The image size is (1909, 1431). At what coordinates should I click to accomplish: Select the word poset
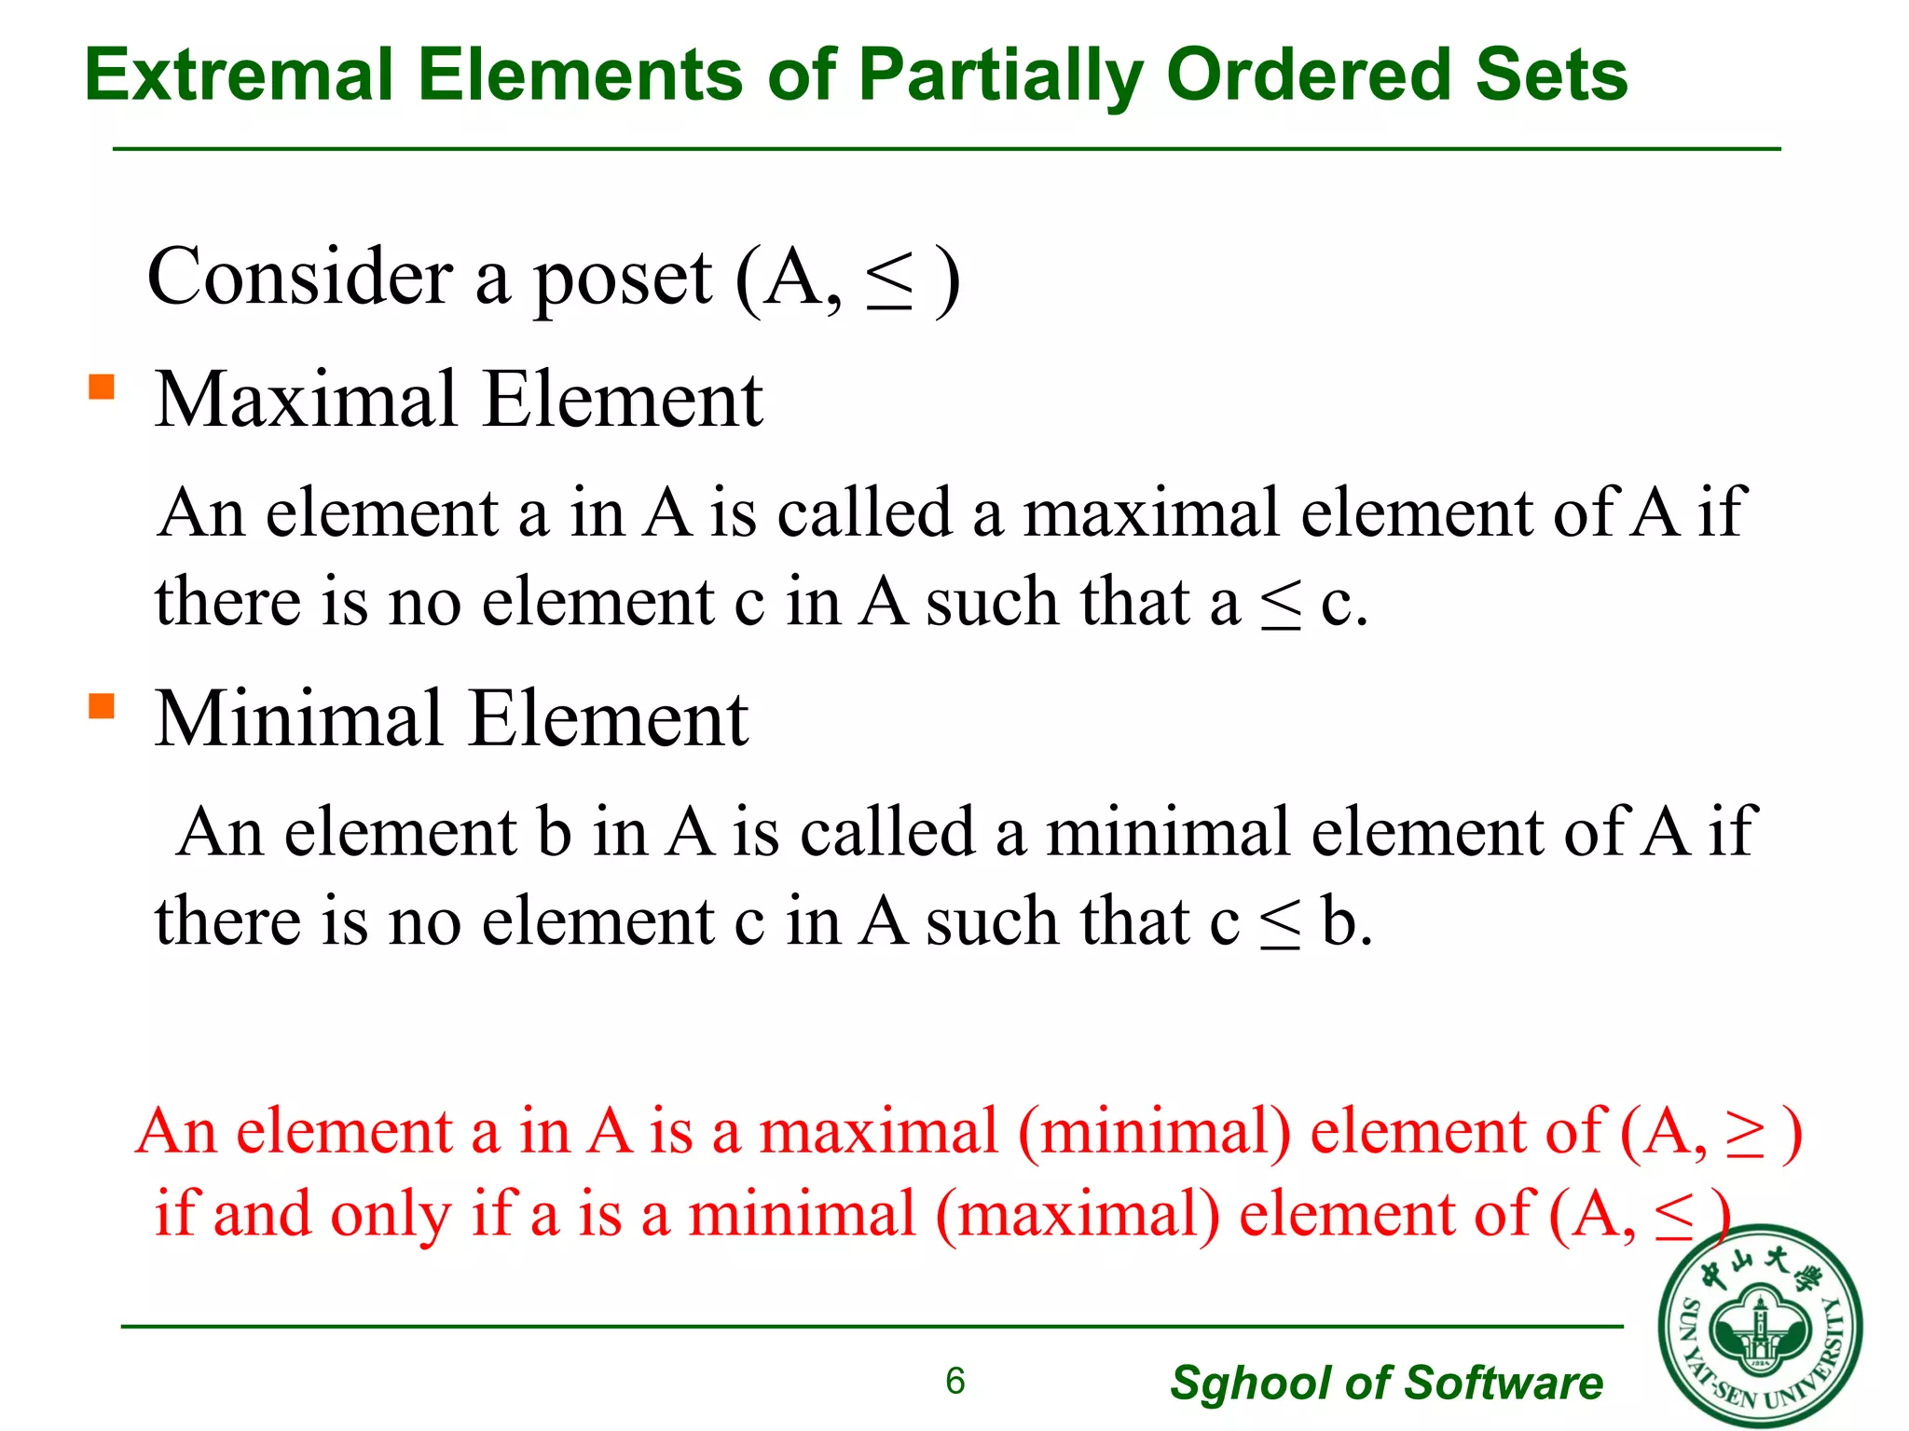click(622, 279)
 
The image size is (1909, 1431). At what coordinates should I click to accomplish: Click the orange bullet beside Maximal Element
click(101, 386)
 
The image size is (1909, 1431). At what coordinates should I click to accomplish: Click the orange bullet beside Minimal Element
click(101, 705)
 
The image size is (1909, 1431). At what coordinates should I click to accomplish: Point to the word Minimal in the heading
click(298, 718)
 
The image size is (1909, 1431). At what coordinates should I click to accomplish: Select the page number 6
click(954, 1381)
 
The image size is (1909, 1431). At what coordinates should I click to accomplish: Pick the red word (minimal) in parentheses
click(1155, 1134)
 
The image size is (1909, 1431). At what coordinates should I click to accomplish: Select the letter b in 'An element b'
click(554, 831)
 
